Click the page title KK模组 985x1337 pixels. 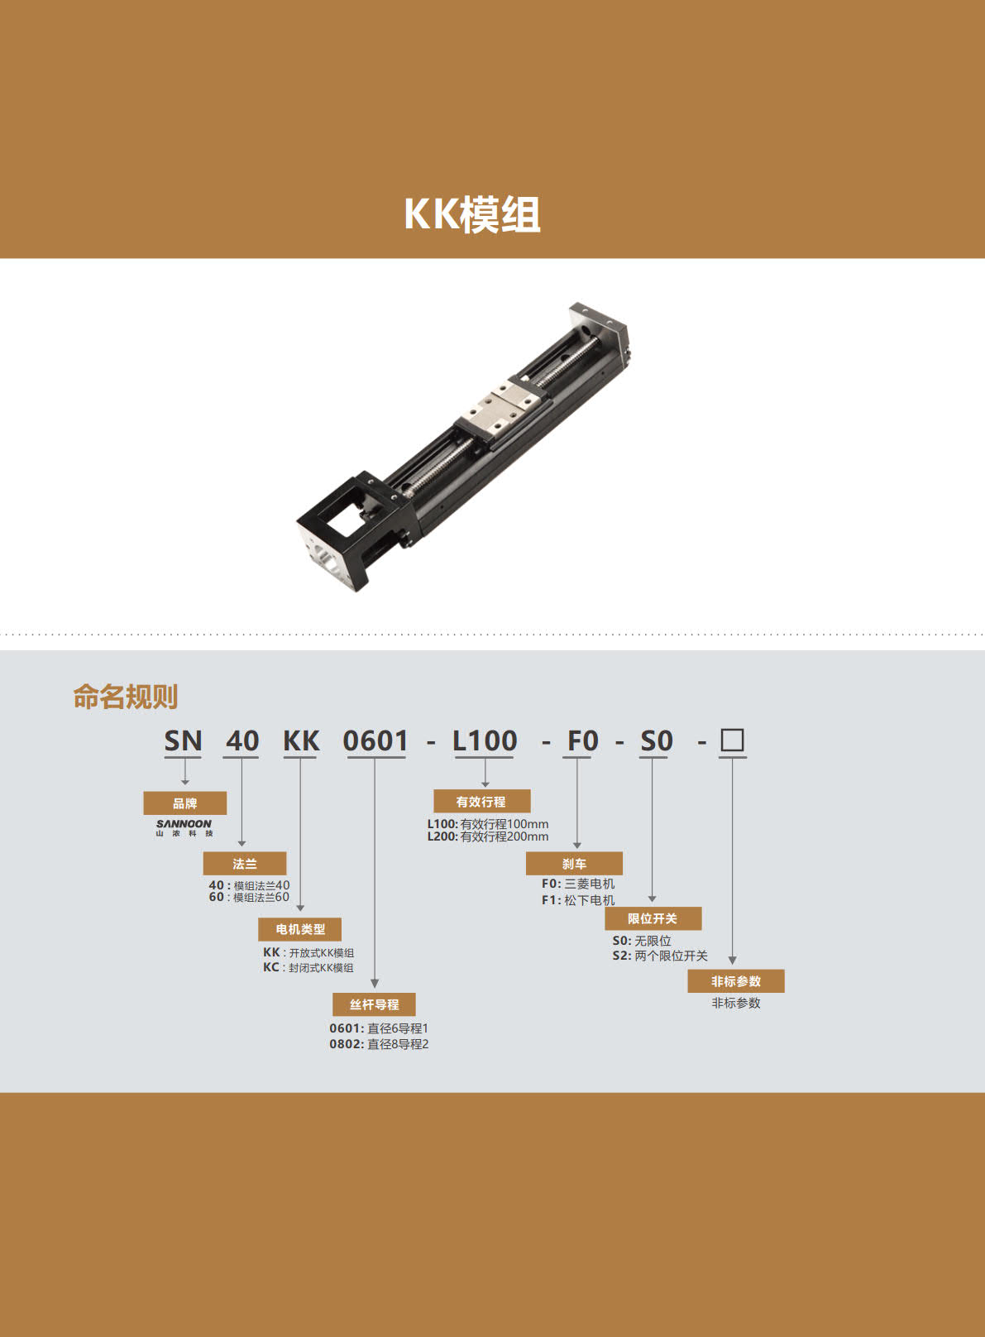(x=472, y=213)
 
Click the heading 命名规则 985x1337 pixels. (x=126, y=697)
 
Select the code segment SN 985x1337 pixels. (x=183, y=740)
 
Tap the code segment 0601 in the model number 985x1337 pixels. (x=375, y=740)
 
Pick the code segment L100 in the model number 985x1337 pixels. (x=485, y=740)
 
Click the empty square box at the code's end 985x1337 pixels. (x=733, y=740)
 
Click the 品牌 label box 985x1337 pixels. (x=185, y=803)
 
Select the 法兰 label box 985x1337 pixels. (x=245, y=863)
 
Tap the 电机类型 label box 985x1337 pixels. (x=300, y=929)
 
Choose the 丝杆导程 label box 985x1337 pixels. (x=374, y=1004)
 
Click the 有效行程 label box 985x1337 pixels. (x=482, y=801)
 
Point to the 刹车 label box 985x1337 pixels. (x=574, y=863)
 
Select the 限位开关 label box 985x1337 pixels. (x=653, y=918)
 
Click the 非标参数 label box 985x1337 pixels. (x=735, y=980)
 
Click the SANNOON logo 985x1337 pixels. (x=184, y=827)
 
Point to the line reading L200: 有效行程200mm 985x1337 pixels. (x=488, y=836)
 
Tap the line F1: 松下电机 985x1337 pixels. (x=578, y=900)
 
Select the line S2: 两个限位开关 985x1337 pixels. (x=660, y=956)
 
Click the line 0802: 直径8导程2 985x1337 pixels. (x=379, y=1044)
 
